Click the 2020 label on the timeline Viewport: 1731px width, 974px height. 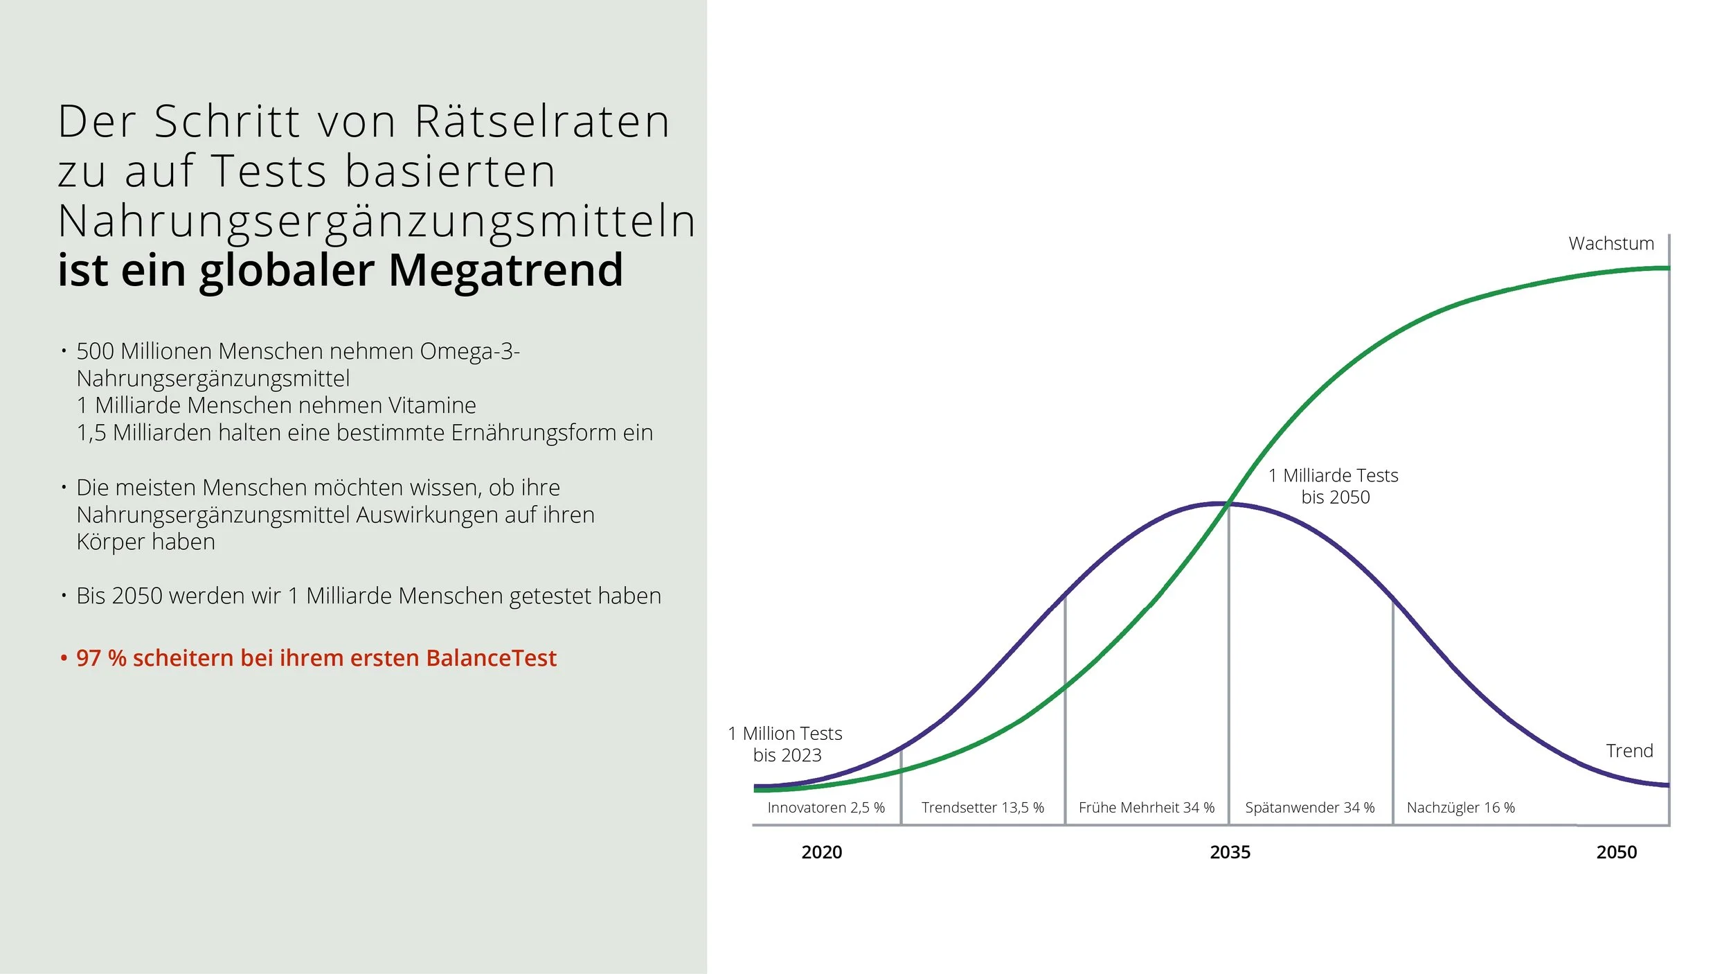coord(821,852)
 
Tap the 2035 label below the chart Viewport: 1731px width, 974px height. coord(1230,852)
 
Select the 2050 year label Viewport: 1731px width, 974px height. coord(1616,852)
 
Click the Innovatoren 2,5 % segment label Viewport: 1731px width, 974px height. coord(826,808)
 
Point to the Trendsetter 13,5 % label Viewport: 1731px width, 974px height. coord(983,808)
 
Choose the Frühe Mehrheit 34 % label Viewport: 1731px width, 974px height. coord(1147,808)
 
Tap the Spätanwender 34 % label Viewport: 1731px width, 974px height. coord(1310,808)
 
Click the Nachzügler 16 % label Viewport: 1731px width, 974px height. coord(1461,808)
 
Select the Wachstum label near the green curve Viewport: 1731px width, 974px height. coord(1611,244)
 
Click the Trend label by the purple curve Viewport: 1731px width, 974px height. coord(1629,751)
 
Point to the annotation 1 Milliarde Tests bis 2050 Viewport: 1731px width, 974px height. coord(1334,486)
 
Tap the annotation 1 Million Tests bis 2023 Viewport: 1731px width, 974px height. coord(785,744)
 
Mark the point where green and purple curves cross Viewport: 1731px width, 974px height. coord(1228,504)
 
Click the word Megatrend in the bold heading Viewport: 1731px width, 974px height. coord(505,270)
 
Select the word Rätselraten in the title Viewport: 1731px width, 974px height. coord(542,122)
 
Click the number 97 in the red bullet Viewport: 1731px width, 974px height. coord(89,658)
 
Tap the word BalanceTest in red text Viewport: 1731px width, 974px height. coord(491,658)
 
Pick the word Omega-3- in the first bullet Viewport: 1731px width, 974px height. coord(469,352)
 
